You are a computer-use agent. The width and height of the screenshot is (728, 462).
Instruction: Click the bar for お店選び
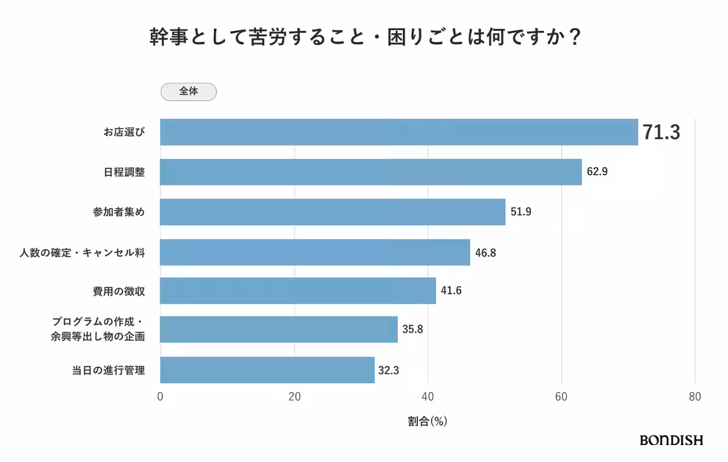pyautogui.click(x=399, y=132)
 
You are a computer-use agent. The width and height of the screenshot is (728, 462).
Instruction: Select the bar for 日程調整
pyautogui.click(x=371, y=172)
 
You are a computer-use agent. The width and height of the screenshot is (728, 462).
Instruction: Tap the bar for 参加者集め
pyautogui.click(x=332, y=212)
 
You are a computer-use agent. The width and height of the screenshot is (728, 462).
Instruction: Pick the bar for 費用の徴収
pyautogui.click(x=298, y=290)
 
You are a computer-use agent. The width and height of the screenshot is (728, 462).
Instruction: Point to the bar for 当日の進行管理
pyautogui.click(x=267, y=370)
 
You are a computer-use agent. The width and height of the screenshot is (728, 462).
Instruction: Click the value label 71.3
pyautogui.click(x=661, y=132)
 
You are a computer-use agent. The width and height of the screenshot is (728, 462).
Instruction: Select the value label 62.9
pyautogui.click(x=597, y=172)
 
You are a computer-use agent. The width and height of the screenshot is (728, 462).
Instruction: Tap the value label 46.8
pyautogui.click(x=485, y=252)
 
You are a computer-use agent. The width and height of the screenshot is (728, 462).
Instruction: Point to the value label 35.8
pyautogui.click(x=413, y=330)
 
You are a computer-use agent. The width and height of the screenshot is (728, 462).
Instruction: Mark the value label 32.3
pyautogui.click(x=388, y=370)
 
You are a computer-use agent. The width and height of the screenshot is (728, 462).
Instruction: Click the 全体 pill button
pyautogui.click(x=188, y=92)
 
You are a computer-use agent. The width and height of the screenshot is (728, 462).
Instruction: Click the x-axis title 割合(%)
pyautogui.click(x=427, y=421)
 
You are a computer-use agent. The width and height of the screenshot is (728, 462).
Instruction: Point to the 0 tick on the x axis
pyautogui.click(x=160, y=397)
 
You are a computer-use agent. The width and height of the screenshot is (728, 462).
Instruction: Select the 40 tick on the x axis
pyautogui.click(x=428, y=397)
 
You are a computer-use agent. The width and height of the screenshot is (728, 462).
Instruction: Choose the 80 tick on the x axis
pyautogui.click(x=695, y=397)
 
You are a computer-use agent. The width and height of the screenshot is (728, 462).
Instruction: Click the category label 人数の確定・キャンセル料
pyautogui.click(x=82, y=252)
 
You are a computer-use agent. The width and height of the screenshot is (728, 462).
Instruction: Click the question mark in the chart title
pyautogui.click(x=575, y=38)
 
